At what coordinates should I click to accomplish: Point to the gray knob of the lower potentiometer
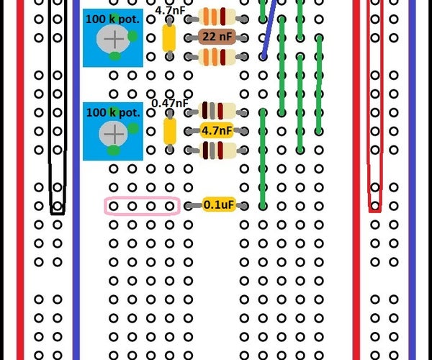tap(112, 132)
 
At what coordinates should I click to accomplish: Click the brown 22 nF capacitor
tap(216, 37)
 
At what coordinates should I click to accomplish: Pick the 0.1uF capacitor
tap(218, 205)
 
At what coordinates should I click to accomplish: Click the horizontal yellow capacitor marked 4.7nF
tap(216, 130)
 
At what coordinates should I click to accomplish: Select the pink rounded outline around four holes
tap(141, 206)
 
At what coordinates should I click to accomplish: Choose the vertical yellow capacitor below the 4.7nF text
tap(169, 37)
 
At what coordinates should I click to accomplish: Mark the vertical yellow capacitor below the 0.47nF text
tap(170, 130)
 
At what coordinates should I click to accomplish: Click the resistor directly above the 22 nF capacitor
tap(217, 17)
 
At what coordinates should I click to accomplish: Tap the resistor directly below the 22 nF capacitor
tap(217, 56)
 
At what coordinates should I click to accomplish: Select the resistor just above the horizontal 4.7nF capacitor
tap(217, 111)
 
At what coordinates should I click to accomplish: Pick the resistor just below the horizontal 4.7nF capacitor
tap(217, 150)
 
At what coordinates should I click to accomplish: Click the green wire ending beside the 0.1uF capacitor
tap(263, 158)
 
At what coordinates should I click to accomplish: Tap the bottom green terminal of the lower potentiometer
tap(114, 150)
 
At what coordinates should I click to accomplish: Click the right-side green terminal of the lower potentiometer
tap(132, 128)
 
